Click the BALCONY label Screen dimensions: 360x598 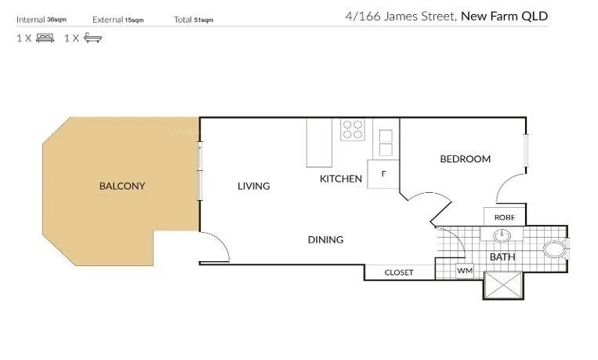122,186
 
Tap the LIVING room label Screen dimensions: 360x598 254,186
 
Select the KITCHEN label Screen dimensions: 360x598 341,179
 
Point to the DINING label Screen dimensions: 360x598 325,240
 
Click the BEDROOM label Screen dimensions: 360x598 465,159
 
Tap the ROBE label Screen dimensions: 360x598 503,217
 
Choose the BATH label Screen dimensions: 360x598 502,256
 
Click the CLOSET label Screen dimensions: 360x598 398,273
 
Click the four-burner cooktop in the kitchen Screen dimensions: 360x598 352,129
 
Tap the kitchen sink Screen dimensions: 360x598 386,141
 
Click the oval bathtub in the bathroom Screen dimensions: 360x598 556,250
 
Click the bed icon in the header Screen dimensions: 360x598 45,38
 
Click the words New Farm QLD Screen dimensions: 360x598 504,15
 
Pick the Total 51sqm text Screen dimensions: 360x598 194,20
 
